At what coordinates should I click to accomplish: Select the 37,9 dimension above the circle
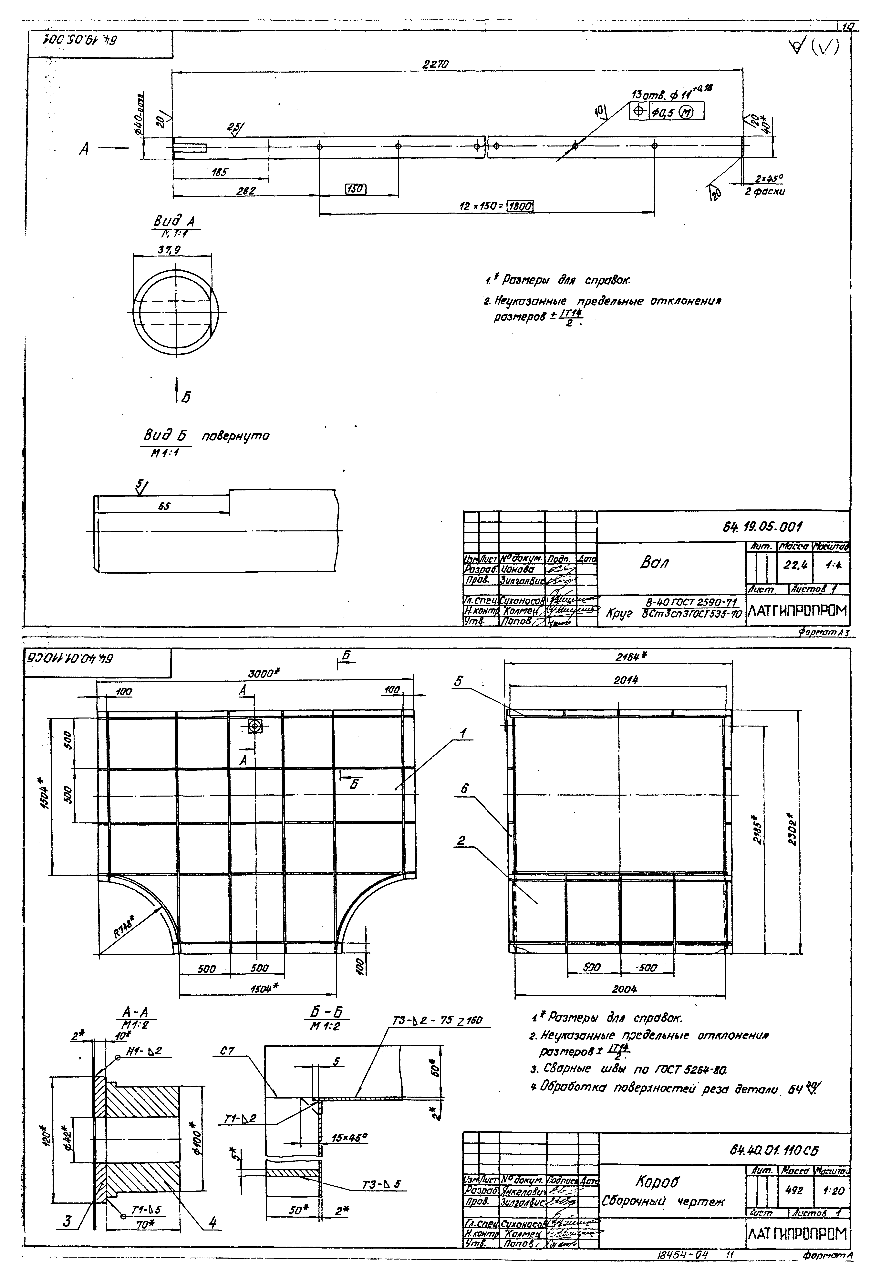pos(173,250)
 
